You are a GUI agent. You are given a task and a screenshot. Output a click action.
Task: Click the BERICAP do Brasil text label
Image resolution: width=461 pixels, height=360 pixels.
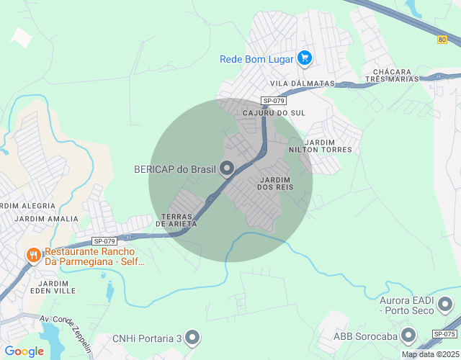click(x=175, y=169)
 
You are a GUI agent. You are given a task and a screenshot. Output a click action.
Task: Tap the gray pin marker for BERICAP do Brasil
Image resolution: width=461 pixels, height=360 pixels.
click(x=228, y=169)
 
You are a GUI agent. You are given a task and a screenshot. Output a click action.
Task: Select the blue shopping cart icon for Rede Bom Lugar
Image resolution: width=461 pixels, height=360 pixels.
click(x=304, y=58)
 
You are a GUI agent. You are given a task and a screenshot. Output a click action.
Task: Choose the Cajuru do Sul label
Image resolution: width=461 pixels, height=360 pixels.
click(x=274, y=114)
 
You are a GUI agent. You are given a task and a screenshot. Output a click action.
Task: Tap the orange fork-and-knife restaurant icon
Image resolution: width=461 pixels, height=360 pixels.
click(x=32, y=255)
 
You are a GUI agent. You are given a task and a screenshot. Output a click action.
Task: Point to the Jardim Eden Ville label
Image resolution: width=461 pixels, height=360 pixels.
click(x=54, y=287)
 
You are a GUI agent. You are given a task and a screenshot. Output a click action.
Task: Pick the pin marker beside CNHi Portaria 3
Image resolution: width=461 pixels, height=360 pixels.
click(x=192, y=337)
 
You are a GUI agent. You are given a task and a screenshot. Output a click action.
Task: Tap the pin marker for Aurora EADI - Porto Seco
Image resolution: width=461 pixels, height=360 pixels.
click(x=447, y=303)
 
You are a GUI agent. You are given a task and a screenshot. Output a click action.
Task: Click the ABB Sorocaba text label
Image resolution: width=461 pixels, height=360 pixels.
click(x=364, y=336)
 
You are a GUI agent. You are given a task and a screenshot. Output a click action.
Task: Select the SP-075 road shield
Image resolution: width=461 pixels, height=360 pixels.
click(x=444, y=334)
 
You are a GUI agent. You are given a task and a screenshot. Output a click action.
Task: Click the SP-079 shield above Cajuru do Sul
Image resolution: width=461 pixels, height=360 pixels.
click(x=274, y=101)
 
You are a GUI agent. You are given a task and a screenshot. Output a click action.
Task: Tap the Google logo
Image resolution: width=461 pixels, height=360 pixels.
click(x=24, y=351)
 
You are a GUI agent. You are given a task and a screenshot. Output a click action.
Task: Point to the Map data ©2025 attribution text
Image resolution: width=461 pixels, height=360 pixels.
click(x=429, y=354)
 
